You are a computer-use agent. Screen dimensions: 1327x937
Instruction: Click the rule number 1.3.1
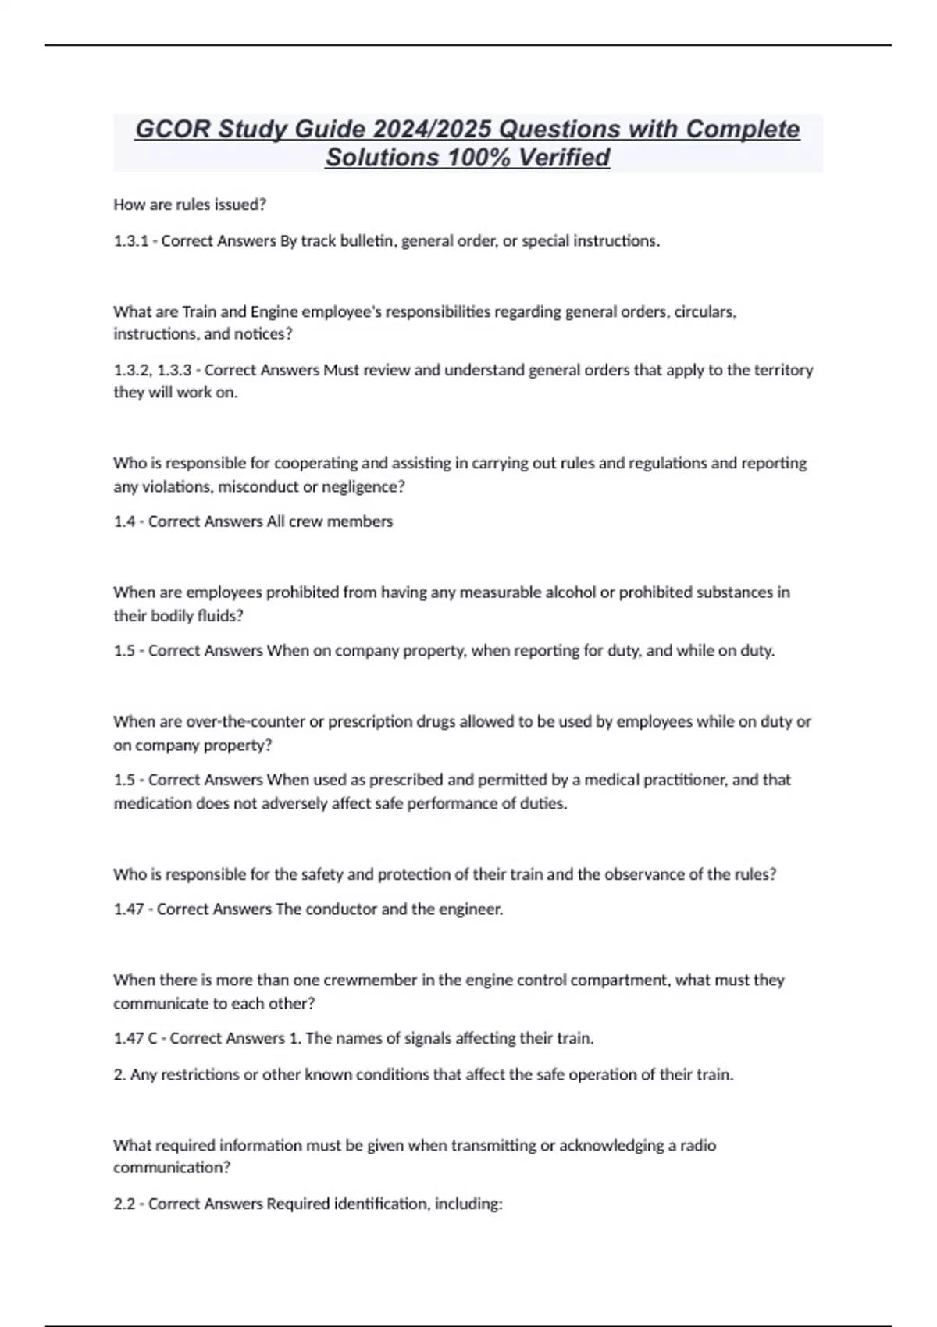pos(130,241)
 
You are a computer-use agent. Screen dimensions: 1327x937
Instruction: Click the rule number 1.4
pos(124,521)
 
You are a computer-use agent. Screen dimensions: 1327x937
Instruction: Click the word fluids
pos(219,616)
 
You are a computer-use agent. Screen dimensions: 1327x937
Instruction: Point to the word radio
pos(698,1145)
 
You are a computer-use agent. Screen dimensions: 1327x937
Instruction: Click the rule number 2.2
pos(124,1204)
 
